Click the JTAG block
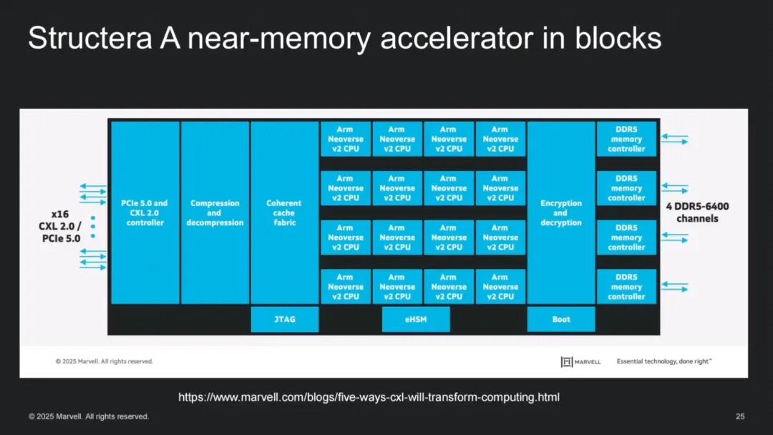click(284, 319)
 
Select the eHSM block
click(416, 319)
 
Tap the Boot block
click(561, 319)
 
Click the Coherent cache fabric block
click(284, 212)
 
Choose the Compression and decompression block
click(215, 212)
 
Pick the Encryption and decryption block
click(561, 212)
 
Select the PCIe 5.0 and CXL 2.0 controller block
click(145, 212)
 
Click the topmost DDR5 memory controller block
click(626, 139)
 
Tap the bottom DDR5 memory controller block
click(626, 287)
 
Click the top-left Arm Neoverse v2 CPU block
click(346, 139)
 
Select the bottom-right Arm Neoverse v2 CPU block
click(500, 287)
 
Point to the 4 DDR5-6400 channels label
click(697, 212)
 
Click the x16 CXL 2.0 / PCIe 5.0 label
click(60, 226)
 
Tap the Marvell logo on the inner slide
click(580, 361)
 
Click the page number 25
click(740, 416)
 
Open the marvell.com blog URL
click(369, 397)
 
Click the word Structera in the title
click(90, 38)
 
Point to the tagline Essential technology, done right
click(664, 361)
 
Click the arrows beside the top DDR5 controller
click(674, 139)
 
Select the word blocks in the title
click(618, 38)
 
